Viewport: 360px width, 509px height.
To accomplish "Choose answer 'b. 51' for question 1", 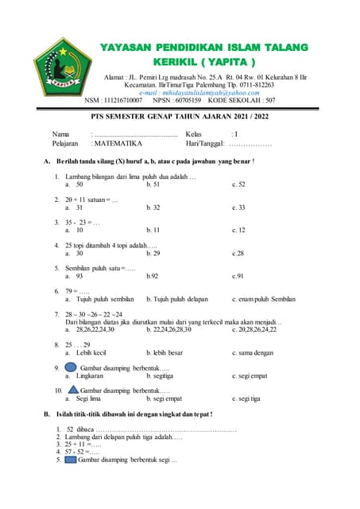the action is [153, 184].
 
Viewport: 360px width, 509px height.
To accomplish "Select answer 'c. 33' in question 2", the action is [238, 208].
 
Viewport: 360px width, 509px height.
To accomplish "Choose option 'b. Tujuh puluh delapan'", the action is [177, 300].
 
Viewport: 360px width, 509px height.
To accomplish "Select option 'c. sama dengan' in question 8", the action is [253, 352].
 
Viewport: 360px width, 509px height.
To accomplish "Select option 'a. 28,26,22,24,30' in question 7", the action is [95, 329].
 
